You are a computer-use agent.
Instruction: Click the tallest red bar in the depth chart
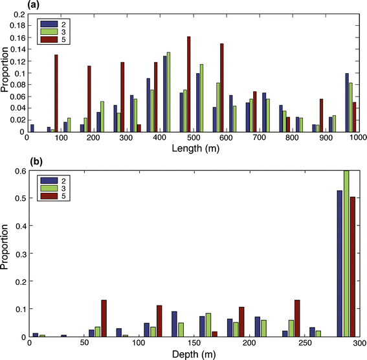pos(352,267)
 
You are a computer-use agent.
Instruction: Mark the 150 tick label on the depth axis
pos(194,344)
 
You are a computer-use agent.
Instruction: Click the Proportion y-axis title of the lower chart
pos(7,254)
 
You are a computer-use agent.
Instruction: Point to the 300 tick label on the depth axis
pos(357,344)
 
